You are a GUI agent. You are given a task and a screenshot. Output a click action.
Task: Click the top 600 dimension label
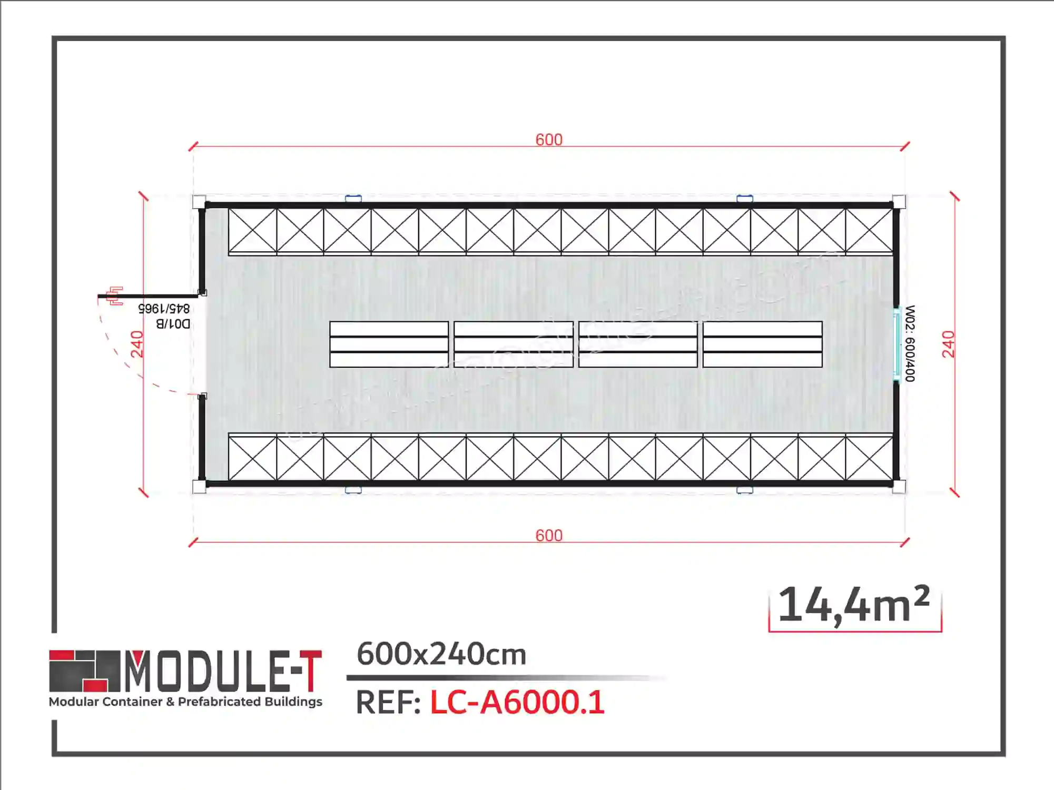549,140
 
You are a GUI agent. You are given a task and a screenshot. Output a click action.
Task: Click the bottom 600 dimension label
549,536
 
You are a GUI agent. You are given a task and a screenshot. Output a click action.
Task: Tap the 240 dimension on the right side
948,344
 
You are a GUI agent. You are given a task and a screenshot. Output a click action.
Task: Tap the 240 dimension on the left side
137,344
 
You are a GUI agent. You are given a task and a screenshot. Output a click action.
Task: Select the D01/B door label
173,323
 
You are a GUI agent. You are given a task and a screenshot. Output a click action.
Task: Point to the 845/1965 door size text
164,308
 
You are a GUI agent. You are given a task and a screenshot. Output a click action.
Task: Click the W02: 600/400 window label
910,343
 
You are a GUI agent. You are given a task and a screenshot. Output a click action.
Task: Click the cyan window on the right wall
896,344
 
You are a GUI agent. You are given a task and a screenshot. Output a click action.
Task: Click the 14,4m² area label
854,606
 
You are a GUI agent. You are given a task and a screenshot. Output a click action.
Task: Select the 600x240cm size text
441,654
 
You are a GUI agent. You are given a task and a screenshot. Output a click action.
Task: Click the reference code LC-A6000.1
517,703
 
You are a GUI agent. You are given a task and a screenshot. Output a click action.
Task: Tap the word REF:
388,703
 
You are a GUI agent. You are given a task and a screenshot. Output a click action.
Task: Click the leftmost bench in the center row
389,344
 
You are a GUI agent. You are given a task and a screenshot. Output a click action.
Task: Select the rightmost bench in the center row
762,344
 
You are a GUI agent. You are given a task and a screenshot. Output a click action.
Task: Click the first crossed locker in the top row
252,231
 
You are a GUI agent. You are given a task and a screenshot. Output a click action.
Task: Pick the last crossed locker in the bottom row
869,458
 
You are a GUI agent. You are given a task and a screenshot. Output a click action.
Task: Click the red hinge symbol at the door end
115,295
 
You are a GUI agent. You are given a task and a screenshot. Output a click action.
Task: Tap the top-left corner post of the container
199,202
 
